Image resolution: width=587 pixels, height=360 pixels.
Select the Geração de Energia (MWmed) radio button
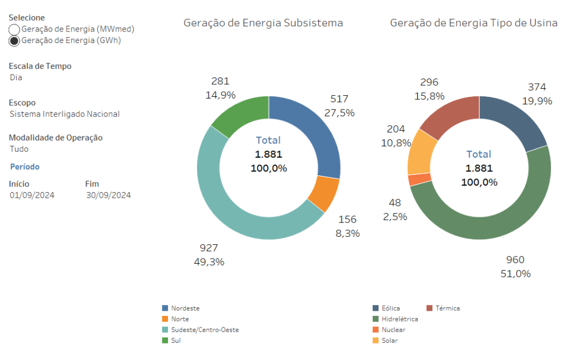(x=14, y=29)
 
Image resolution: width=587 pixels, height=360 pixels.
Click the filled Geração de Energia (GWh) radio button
(x=14, y=41)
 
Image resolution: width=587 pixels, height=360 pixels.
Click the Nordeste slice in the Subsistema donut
(x=310, y=132)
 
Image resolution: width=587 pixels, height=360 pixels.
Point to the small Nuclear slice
(x=412, y=179)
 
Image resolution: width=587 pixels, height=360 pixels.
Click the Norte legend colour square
(x=166, y=319)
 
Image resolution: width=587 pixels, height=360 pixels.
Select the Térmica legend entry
(x=447, y=308)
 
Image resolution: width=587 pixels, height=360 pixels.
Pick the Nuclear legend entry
(x=393, y=330)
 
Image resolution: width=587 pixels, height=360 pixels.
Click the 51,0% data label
(x=515, y=273)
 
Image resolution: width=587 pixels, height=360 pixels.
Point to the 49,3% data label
(x=209, y=262)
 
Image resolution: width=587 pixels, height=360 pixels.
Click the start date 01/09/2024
(x=32, y=195)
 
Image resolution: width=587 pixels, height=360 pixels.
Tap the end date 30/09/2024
(x=108, y=195)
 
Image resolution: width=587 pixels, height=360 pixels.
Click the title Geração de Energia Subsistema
(x=263, y=23)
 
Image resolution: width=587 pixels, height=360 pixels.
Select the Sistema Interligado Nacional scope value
(x=65, y=114)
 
